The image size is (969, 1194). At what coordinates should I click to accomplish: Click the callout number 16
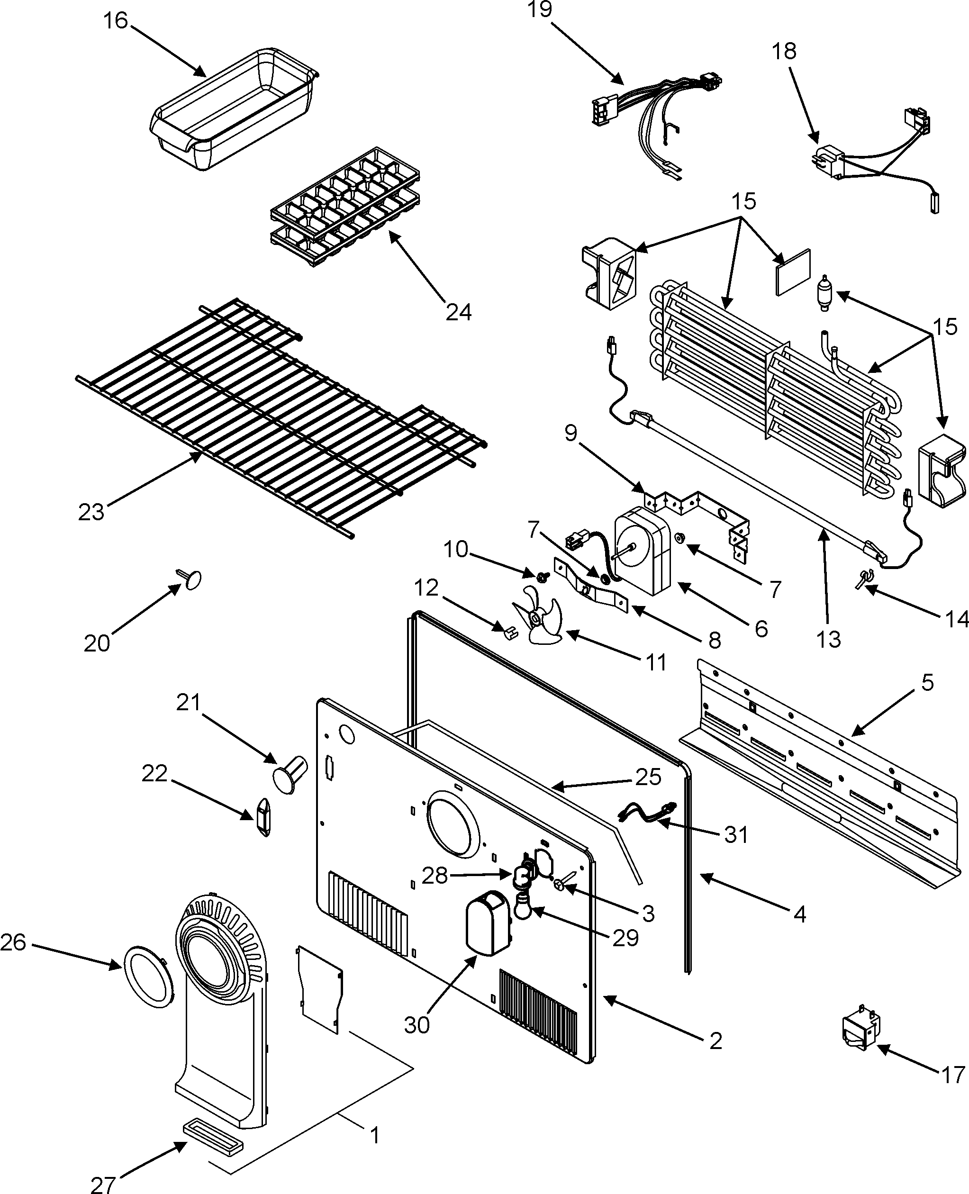[x=116, y=21]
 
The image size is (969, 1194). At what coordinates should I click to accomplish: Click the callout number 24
[x=458, y=311]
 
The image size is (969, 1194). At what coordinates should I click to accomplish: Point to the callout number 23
[x=91, y=511]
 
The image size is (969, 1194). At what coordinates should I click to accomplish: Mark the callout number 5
[x=927, y=683]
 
